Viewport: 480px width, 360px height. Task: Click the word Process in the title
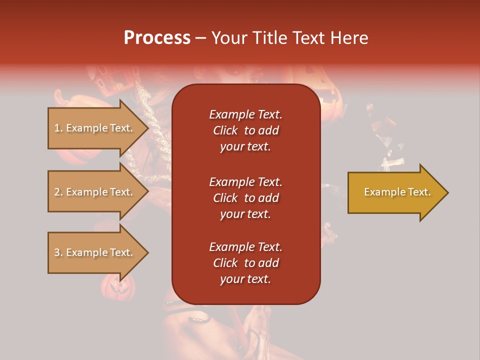click(157, 38)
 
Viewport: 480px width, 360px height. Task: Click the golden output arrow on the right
click(395, 192)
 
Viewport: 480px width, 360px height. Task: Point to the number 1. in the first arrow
click(58, 128)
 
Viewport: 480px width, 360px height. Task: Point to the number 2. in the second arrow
click(58, 192)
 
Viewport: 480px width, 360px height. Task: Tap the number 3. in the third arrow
click(58, 252)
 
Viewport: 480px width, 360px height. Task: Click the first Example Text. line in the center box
click(245, 114)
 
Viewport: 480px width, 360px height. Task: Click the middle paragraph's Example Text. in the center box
click(245, 182)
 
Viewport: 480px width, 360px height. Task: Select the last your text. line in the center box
click(245, 279)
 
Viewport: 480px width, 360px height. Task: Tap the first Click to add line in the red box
click(245, 130)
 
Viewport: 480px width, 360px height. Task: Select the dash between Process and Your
click(201, 38)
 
